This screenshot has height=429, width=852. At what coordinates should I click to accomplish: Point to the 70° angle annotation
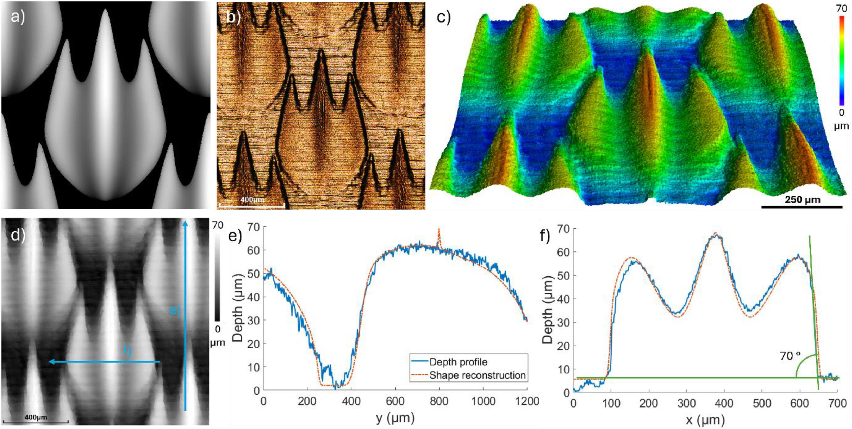tap(790, 356)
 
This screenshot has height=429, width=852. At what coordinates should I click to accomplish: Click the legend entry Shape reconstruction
tap(477, 375)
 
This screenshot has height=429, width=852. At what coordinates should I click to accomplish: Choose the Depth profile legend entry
tap(458, 362)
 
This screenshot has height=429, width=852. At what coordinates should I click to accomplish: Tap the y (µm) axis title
tap(395, 418)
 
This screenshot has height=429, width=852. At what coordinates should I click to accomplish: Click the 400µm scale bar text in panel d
tap(36, 417)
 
